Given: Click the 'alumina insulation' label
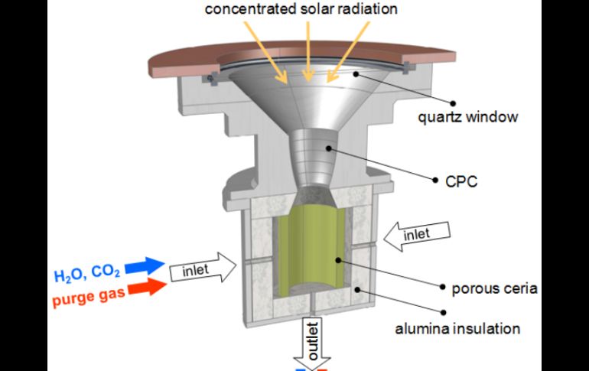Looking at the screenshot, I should (457, 329).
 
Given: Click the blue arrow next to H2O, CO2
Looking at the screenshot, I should (148, 265).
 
